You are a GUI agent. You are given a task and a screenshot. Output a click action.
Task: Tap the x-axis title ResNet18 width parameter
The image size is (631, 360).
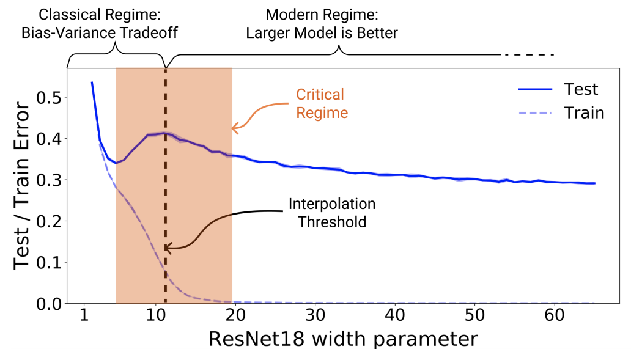point(343,340)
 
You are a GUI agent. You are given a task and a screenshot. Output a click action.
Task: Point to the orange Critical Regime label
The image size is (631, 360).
point(320,104)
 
